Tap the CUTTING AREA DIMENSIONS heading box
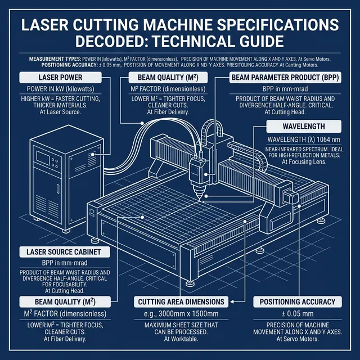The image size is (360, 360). pyautogui.click(x=182, y=302)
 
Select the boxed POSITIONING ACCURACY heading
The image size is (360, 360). pyautogui.click(x=298, y=302)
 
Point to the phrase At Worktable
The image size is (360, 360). pyautogui.click(x=181, y=339)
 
